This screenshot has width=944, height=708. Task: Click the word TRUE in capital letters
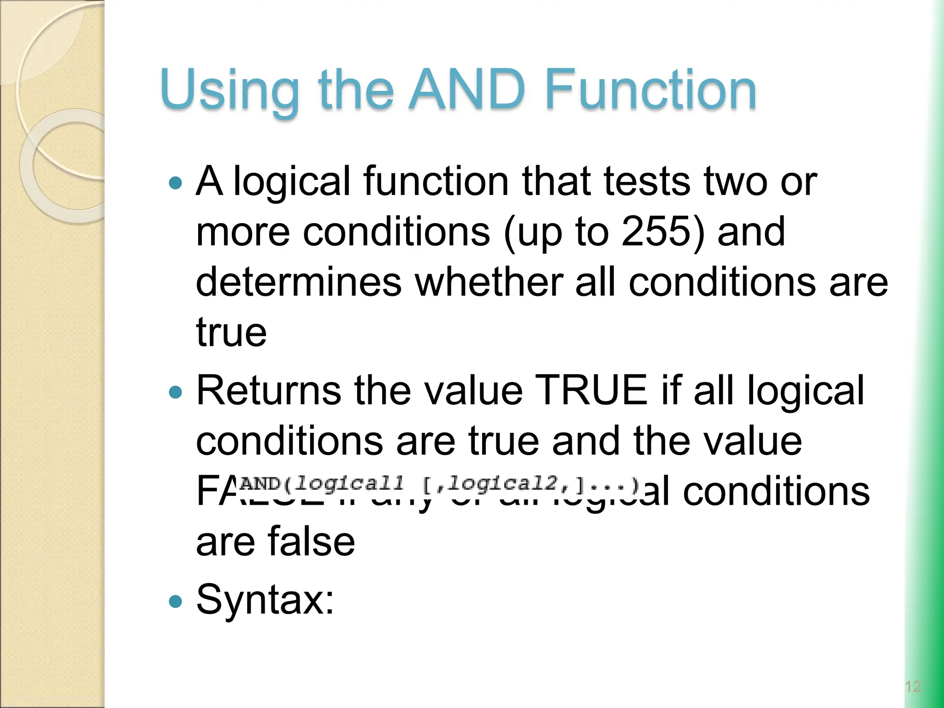tap(593, 391)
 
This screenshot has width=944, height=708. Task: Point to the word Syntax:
tap(265, 600)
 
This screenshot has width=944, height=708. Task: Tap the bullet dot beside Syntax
tap(176, 601)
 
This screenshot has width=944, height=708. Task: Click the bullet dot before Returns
tap(176, 392)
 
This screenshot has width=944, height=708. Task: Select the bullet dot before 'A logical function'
tap(176, 183)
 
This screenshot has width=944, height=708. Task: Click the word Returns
tap(269, 391)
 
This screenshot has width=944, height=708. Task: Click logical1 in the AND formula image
tap(349, 484)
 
